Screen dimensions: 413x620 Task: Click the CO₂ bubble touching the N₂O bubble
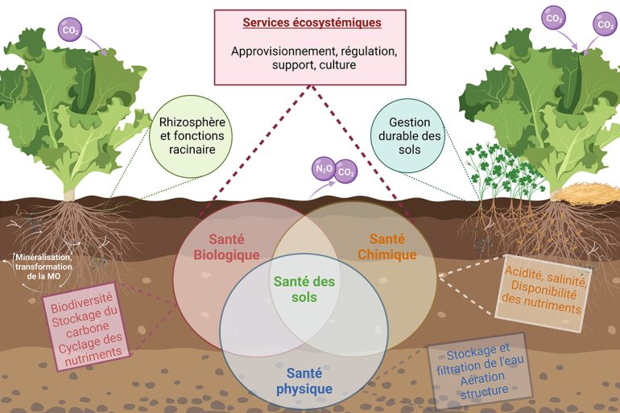[x=345, y=171]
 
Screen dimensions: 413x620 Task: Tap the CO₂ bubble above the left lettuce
[x=71, y=31]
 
